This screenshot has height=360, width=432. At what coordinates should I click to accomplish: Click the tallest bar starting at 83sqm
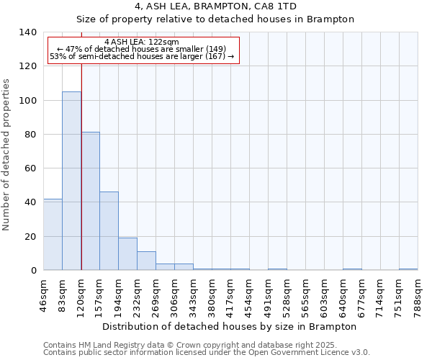tap(71, 181)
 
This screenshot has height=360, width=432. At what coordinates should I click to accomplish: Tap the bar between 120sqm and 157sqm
tap(90, 201)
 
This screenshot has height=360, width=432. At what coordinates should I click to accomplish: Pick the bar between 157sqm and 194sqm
tap(109, 230)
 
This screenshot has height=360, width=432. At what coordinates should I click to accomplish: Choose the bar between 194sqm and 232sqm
tap(127, 253)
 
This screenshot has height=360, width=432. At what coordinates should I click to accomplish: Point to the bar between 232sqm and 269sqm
tap(146, 261)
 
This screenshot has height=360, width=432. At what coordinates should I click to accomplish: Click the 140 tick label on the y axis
tap(28, 32)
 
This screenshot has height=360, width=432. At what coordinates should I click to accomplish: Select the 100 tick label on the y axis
tap(28, 100)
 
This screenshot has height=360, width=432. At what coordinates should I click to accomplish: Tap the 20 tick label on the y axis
tap(31, 236)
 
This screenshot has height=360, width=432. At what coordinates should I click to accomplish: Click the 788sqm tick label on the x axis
tap(418, 294)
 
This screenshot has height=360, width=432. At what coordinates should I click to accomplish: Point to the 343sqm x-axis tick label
tap(194, 294)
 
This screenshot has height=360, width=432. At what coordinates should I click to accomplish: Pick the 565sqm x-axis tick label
tap(306, 294)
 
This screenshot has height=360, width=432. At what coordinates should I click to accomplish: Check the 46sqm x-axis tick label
tap(44, 293)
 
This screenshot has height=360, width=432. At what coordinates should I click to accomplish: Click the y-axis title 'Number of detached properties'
tap(6, 155)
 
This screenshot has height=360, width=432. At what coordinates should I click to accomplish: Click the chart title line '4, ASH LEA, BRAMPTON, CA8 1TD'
tap(215, 6)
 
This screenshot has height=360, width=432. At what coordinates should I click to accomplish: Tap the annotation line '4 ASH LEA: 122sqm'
tap(142, 42)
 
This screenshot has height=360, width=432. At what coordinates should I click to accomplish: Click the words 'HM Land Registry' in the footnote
tap(108, 346)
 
